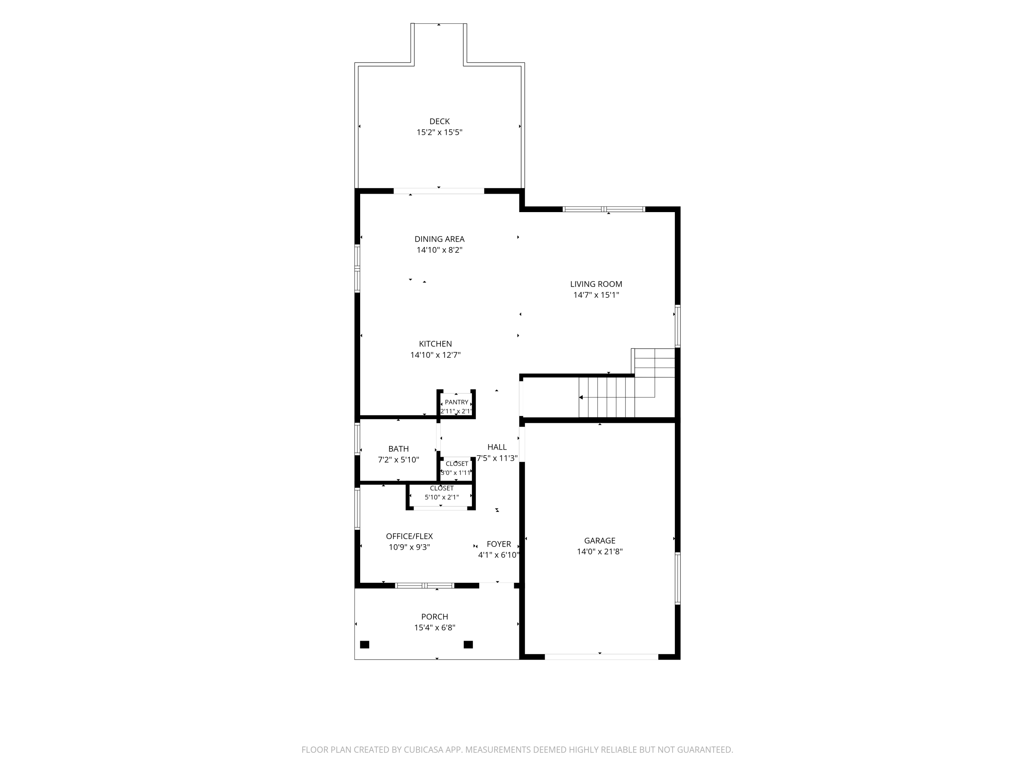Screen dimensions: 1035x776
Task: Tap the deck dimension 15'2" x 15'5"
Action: pyautogui.click(x=440, y=132)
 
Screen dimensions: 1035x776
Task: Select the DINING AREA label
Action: pyautogui.click(x=440, y=239)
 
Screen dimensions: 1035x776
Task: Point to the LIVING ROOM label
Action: pyautogui.click(x=596, y=284)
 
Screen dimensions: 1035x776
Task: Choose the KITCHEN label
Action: pyautogui.click(x=435, y=344)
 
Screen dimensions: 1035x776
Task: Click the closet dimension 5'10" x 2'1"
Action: pyautogui.click(x=442, y=497)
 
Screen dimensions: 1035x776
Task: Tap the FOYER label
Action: pyautogui.click(x=499, y=544)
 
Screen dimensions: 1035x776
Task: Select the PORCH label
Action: pyautogui.click(x=435, y=617)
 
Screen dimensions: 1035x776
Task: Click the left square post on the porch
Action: pyautogui.click(x=365, y=645)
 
